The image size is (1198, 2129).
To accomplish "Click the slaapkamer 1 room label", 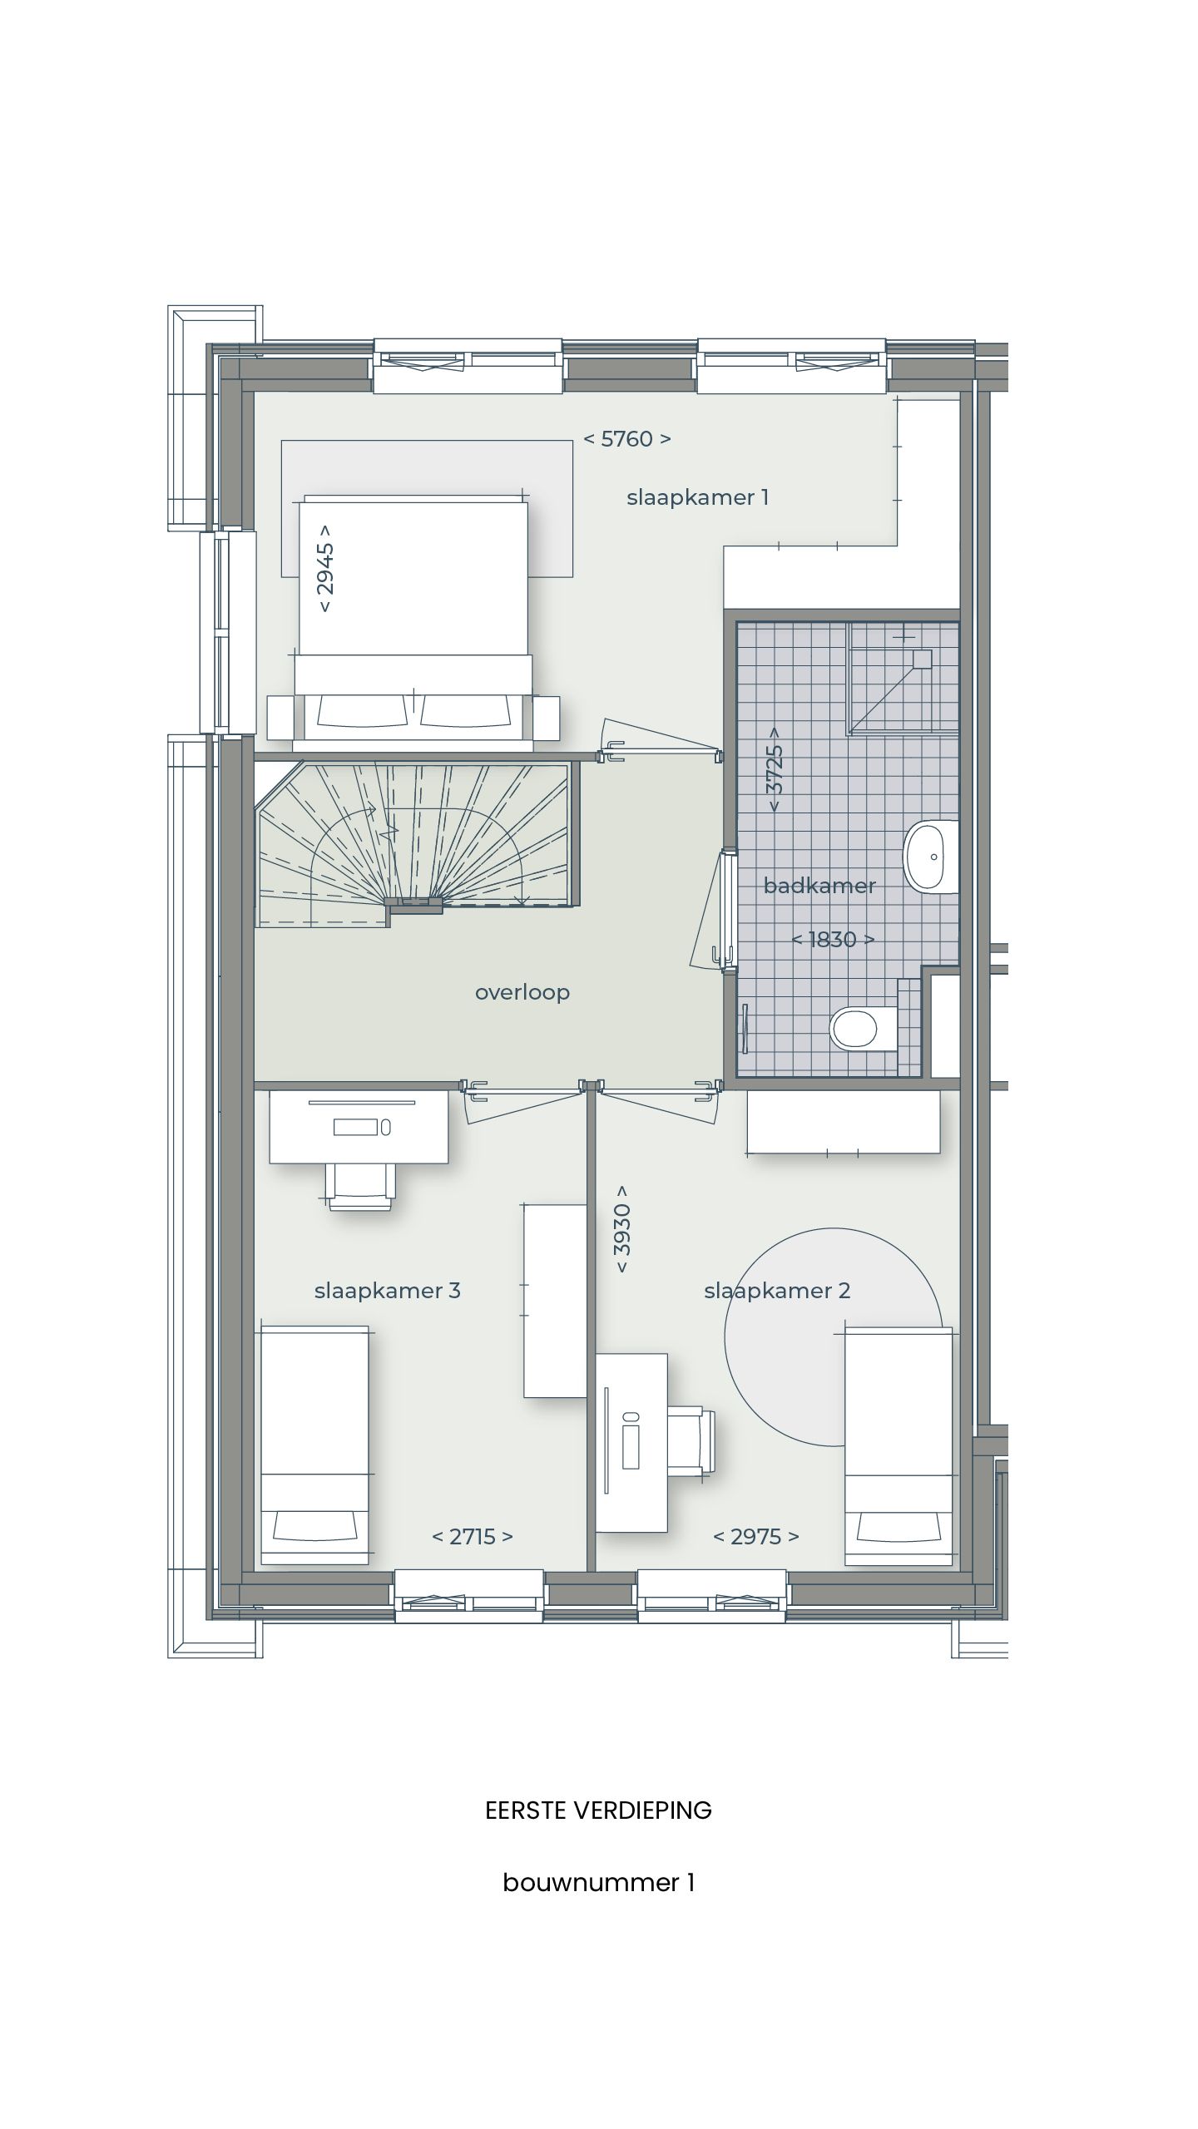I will point(697,497).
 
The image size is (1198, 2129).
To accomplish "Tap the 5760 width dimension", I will point(626,438).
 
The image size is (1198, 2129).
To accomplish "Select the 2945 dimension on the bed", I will point(325,568).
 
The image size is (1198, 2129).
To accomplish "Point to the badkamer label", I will point(819,886).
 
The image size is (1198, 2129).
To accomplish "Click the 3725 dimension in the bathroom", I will point(775,770).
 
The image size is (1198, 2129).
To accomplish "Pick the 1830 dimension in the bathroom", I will point(833,940).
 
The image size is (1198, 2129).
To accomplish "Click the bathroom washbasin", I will point(931,857).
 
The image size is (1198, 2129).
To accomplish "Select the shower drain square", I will point(922,659).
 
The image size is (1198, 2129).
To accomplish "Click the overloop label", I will point(522,992).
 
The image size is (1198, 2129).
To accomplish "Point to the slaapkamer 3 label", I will point(387,1290).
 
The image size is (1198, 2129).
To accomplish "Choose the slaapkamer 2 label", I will point(777,1290).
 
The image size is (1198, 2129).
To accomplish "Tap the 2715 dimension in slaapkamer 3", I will point(473,1536).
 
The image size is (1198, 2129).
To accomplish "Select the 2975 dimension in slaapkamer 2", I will point(756,1536).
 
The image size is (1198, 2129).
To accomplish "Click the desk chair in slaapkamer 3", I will point(361,1187).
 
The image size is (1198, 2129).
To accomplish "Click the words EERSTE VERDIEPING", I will point(598,1810).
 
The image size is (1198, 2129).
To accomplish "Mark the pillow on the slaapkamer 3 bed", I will point(314,1526).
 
